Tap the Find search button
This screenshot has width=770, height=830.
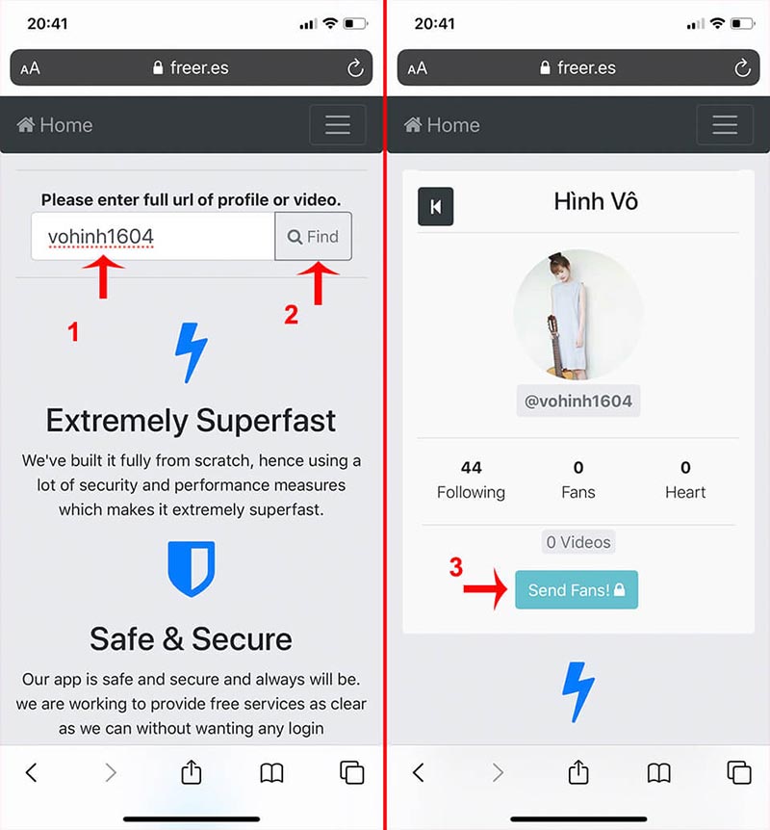[313, 236]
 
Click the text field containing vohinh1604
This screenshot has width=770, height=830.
[153, 236]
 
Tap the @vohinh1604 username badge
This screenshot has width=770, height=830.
[577, 401]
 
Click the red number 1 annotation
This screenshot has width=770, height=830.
[73, 332]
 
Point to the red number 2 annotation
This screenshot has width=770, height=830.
[291, 315]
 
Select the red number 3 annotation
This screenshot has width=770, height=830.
[455, 567]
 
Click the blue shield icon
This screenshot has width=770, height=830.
[191, 569]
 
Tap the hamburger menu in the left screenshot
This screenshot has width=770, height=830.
[338, 125]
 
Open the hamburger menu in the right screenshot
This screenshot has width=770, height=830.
[725, 125]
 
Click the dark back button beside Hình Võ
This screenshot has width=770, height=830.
[436, 206]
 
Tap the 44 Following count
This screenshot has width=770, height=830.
[471, 480]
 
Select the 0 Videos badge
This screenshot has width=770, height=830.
[578, 542]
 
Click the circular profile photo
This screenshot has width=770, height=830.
[577, 315]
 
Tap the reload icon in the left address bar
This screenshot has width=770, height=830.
[355, 67]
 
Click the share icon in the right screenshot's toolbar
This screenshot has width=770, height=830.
[578, 772]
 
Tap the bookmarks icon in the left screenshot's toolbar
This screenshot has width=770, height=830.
[272, 773]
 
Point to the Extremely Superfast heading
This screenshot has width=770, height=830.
[191, 421]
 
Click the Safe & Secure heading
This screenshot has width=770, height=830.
[191, 639]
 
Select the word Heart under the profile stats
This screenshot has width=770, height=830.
[685, 492]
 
